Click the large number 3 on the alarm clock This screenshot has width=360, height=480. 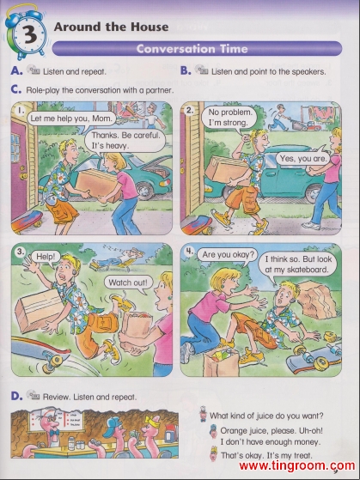point(30,34)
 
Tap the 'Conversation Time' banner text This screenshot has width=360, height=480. point(192,49)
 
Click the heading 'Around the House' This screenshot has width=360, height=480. point(111,27)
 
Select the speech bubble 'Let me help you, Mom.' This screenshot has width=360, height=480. point(71,118)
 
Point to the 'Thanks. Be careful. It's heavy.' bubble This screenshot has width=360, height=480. point(125,140)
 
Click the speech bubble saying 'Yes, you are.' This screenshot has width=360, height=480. point(302,158)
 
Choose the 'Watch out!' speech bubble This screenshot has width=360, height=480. point(128,283)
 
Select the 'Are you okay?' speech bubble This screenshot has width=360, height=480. point(227,255)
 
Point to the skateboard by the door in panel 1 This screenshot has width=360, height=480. point(27,221)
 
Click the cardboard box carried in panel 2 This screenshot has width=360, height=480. point(226,169)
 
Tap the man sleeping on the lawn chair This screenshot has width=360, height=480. point(118,259)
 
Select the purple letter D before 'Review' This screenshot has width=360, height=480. point(16,396)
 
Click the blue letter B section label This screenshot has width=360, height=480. point(186,70)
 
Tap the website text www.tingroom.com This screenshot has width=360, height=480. point(296,466)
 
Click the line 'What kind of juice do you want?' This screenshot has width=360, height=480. point(266,416)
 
